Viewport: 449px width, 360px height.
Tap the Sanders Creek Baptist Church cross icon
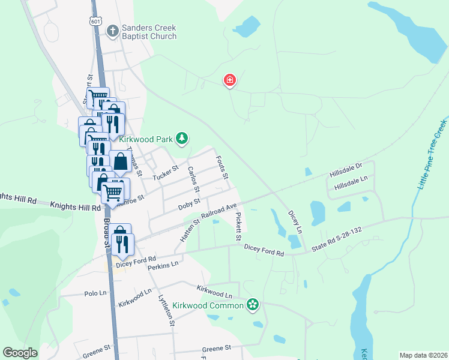pos(112,31)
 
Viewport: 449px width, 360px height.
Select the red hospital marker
pos(229,80)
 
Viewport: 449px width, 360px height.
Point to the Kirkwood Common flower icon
pos(253,305)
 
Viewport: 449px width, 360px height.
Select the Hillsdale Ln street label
pos(351,187)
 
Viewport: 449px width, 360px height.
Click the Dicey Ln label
pos(294,221)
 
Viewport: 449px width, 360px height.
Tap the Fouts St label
pos(221,168)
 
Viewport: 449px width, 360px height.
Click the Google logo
pos(20,353)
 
